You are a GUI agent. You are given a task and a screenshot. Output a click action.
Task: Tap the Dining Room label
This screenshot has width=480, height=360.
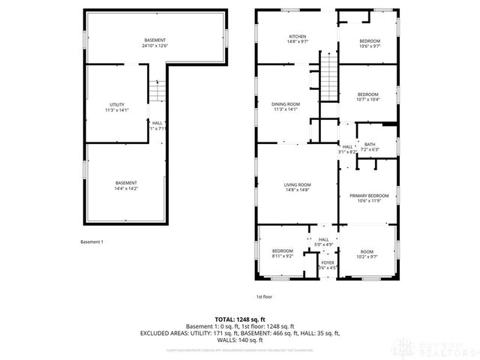[285, 106]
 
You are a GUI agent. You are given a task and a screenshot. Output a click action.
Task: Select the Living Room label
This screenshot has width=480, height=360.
[298, 187]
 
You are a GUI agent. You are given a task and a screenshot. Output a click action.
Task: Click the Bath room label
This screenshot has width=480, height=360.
[370, 146]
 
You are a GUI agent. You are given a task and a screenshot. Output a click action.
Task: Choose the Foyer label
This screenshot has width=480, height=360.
[328, 265]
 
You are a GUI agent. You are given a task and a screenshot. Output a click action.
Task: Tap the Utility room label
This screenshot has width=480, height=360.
[116, 107]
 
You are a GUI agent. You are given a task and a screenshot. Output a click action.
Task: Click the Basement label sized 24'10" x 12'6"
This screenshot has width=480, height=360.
[155, 43]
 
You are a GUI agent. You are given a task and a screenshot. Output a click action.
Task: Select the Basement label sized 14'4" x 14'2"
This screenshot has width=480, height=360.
[126, 185]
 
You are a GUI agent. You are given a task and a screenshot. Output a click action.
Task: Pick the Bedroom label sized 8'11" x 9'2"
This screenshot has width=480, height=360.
[282, 253]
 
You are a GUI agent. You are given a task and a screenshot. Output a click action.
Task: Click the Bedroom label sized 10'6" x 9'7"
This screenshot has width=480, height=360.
[369, 43]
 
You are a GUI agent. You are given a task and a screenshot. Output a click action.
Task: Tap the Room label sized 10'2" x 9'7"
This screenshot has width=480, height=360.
[367, 253]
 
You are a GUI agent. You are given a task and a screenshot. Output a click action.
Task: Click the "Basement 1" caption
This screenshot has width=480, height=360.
[92, 241]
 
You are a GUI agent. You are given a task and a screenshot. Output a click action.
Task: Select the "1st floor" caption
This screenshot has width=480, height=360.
[263, 296]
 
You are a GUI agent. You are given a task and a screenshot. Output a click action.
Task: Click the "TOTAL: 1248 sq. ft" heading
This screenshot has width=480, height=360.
[240, 319]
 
